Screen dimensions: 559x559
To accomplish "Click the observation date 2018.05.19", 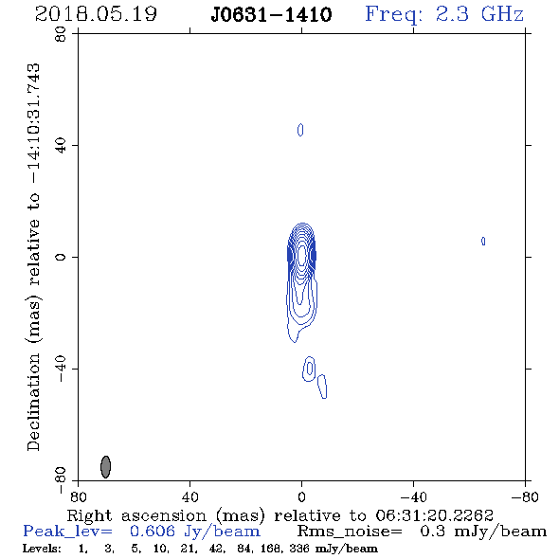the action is click(96, 14).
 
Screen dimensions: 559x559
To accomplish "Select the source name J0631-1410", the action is click(272, 15).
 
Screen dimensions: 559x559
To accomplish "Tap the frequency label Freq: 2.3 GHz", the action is click(444, 14).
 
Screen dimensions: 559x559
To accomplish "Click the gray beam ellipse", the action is click(105, 467).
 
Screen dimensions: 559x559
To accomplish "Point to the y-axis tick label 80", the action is click(61, 34).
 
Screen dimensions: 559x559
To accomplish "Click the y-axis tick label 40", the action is click(61, 146).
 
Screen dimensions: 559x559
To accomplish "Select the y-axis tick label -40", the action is click(61, 369).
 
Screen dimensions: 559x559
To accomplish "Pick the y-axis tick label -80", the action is click(61, 480).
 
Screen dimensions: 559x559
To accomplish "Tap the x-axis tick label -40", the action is click(413, 497).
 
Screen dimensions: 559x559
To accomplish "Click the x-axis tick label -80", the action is click(525, 497).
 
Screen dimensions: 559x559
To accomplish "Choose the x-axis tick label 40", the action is click(189, 497).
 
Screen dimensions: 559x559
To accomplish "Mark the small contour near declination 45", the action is click(300, 130).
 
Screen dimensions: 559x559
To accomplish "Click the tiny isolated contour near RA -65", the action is click(483, 242).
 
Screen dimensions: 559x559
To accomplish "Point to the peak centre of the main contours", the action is click(302, 255).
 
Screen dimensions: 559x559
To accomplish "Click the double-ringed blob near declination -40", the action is click(309, 369).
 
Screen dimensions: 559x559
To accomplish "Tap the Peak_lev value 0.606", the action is click(153, 532).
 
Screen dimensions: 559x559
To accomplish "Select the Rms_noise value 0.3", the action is click(432, 532).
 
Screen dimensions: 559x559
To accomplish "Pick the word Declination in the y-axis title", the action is click(33, 402).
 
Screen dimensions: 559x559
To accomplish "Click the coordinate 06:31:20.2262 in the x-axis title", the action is click(434, 515).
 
